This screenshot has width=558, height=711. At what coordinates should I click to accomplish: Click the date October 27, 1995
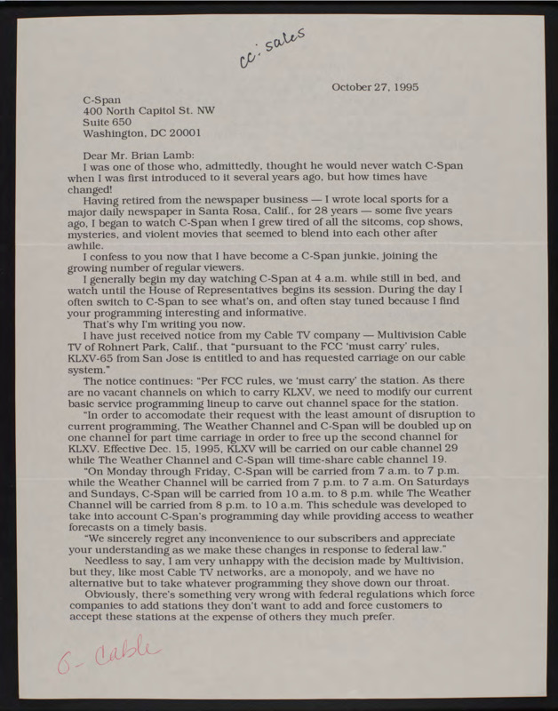tap(376, 87)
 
